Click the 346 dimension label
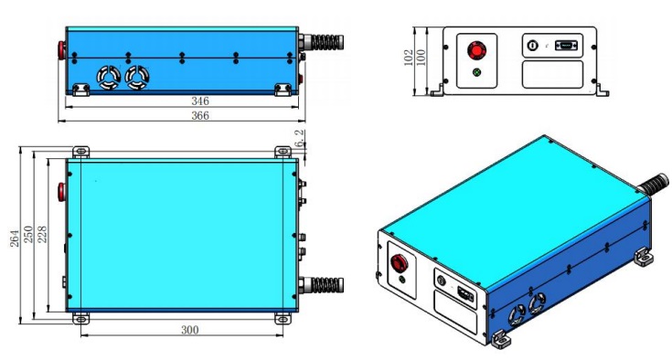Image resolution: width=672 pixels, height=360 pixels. (200, 101)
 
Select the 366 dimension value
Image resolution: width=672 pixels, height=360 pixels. (200, 115)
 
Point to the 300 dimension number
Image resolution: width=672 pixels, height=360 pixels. (190, 330)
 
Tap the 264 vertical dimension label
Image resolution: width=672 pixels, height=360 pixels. (15, 238)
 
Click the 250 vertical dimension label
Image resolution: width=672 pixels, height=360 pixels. (28, 235)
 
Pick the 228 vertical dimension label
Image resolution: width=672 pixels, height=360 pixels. (42, 235)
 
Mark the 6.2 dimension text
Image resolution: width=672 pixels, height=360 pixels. (300, 138)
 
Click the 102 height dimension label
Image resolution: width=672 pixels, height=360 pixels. (409, 58)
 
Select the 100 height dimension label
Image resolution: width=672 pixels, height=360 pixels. (421, 58)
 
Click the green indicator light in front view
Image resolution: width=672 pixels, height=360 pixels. (476, 72)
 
